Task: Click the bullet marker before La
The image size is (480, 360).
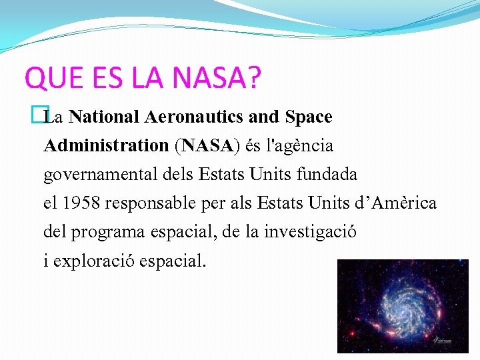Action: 45,117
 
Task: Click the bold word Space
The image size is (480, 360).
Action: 308,117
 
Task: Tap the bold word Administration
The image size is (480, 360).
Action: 106,145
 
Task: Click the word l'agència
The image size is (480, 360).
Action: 300,145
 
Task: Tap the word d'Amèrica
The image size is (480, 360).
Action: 396,203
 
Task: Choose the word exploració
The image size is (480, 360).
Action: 95,261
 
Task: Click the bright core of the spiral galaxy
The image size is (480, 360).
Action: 401,304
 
